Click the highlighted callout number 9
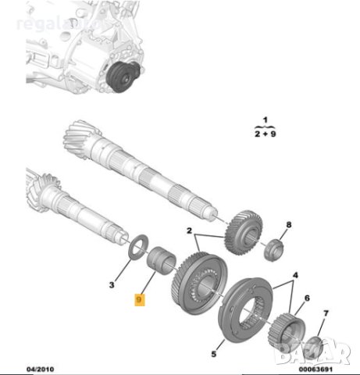click(141, 299)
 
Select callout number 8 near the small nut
click(288, 225)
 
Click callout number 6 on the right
click(307, 298)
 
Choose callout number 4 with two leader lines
click(294, 274)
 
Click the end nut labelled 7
click(313, 343)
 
